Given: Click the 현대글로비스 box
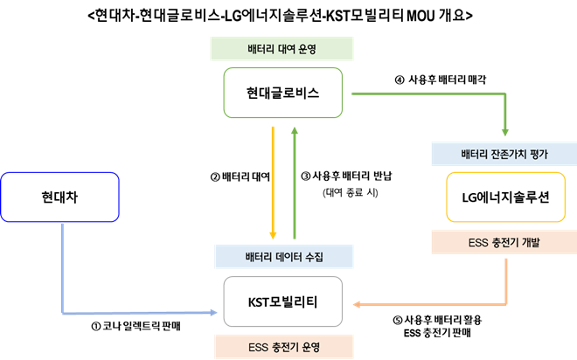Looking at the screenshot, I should (282, 93).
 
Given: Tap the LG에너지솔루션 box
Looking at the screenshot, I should (504, 197).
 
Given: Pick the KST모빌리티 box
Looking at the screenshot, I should (282, 301).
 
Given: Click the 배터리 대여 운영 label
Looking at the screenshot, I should (282, 48).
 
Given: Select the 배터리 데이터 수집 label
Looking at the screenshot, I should (282, 257).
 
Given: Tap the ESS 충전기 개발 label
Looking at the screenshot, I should (504, 242).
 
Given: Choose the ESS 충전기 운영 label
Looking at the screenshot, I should (282, 347).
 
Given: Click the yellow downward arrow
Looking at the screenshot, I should (274, 183).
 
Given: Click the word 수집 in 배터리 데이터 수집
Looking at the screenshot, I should (312, 257).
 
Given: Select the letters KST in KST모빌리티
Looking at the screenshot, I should (260, 301).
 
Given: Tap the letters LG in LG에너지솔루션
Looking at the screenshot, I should (469, 197).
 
